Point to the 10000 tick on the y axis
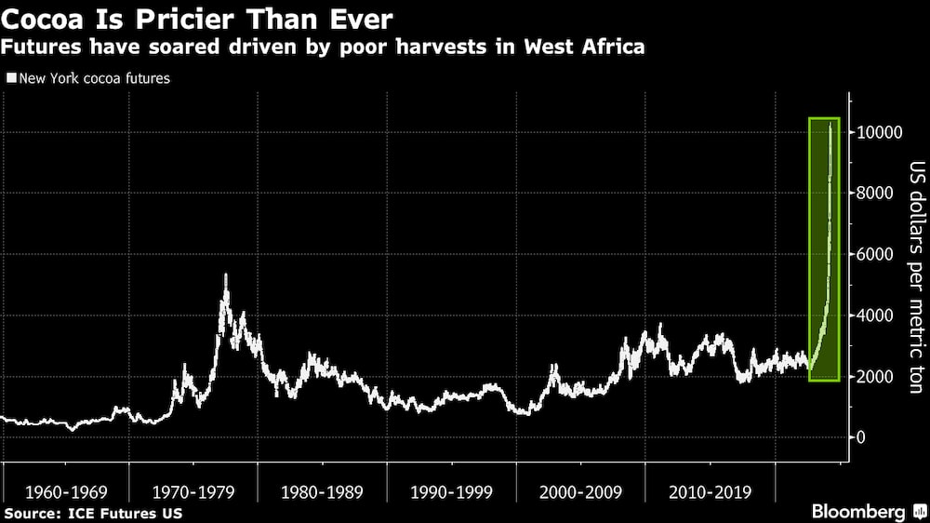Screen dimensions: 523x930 (877, 132)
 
